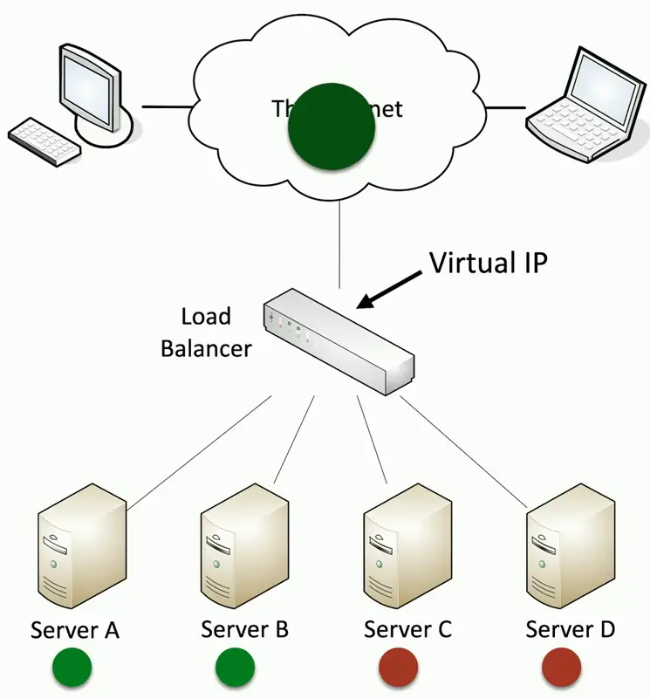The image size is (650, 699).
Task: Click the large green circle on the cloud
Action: tap(332, 127)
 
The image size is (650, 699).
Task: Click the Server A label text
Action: tap(75, 629)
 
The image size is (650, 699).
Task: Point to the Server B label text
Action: tap(244, 628)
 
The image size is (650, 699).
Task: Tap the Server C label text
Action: tap(407, 629)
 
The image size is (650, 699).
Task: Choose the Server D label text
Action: tap(571, 628)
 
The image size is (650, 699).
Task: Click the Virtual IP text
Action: tap(488, 263)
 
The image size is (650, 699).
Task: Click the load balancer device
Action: tap(338, 343)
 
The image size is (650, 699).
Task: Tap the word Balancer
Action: tap(205, 348)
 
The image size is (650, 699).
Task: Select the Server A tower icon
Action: tap(82, 554)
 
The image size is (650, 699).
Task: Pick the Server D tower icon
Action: tap(571, 554)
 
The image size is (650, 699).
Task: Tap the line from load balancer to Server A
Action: tap(201, 452)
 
